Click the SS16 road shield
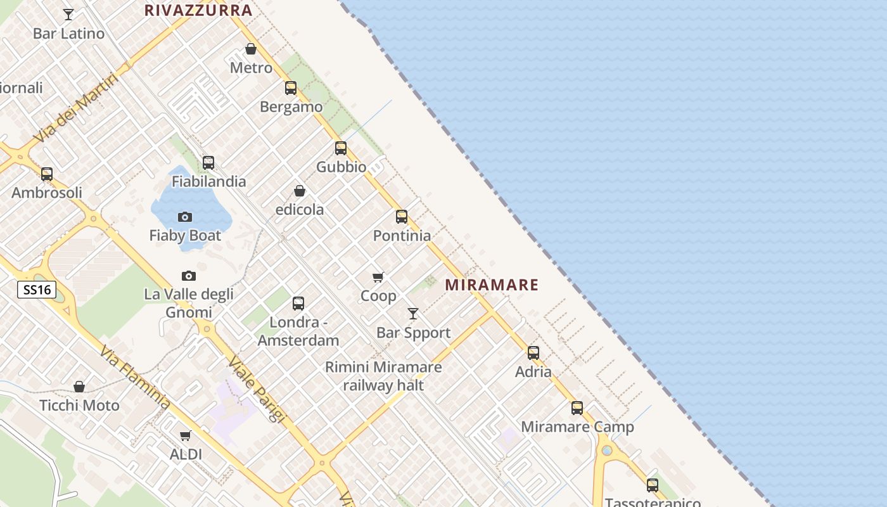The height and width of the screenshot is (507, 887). [37, 290]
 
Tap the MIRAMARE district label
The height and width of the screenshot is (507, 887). [492, 285]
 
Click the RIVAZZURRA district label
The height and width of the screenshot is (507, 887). [198, 10]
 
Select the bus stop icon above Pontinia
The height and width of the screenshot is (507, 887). [402, 217]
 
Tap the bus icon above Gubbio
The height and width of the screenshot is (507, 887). [341, 148]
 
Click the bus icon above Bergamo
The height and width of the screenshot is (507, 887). [291, 88]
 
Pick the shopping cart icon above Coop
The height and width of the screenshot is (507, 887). [378, 277]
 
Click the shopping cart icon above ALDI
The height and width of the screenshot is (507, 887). [186, 435]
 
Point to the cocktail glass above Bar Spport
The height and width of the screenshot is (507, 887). [413, 314]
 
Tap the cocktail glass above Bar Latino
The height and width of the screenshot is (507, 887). [68, 14]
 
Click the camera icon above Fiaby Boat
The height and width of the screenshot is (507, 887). [185, 217]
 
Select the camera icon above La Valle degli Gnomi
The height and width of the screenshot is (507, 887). [189, 276]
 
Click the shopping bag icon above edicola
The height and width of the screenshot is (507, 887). [300, 191]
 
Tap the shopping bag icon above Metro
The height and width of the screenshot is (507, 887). [251, 49]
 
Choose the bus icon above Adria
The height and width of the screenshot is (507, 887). [533, 353]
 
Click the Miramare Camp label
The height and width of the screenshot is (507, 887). [577, 427]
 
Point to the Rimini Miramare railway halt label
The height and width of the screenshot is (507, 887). [383, 376]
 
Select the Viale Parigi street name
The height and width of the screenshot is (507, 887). [257, 389]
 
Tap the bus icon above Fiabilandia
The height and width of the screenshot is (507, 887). [208, 163]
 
